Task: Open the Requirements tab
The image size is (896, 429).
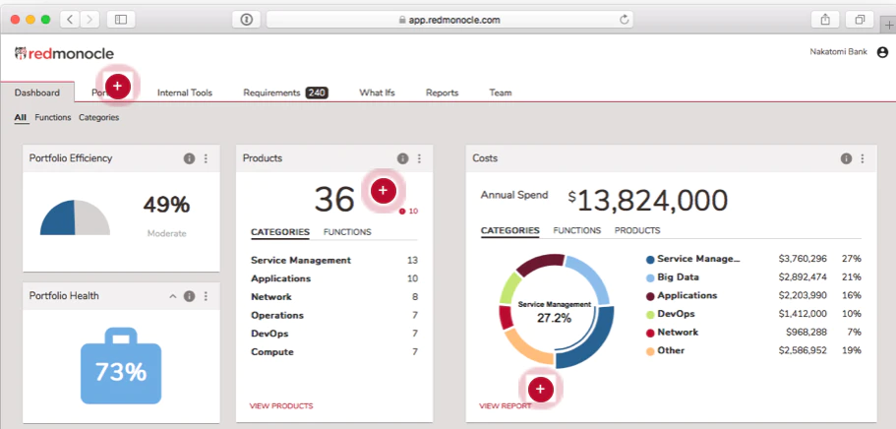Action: pyautogui.click(x=271, y=92)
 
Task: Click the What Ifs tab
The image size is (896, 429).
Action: pyautogui.click(x=377, y=92)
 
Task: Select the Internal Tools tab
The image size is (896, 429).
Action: pyautogui.click(x=185, y=92)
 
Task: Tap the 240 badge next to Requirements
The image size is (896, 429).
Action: pyautogui.click(x=317, y=92)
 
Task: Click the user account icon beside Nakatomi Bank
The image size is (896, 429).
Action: pyautogui.click(x=882, y=52)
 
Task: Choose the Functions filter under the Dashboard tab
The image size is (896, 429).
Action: pyautogui.click(x=52, y=117)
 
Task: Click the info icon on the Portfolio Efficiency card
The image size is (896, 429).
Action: pyautogui.click(x=189, y=158)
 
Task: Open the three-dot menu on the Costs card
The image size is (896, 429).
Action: pyautogui.click(x=863, y=158)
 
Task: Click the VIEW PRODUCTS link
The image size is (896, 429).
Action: pyautogui.click(x=281, y=406)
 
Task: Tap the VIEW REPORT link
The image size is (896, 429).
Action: pyautogui.click(x=506, y=406)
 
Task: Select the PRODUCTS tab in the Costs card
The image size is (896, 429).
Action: pyautogui.click(x=637, y=230)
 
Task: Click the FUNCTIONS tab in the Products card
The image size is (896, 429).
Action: pyautogui.click(x=347, y=232)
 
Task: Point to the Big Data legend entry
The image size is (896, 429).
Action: pyautogui.click(x=678, y=277)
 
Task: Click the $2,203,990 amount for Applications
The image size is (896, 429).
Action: pyautogui.click(x=803, y=296)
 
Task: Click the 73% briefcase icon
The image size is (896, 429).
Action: pyautogui.click(x=121, y=366)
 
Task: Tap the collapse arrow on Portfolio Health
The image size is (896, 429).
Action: pyautogui.click(x=173, y=296)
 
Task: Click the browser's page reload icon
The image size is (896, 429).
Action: pyautogui.click(x=624, y=20)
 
